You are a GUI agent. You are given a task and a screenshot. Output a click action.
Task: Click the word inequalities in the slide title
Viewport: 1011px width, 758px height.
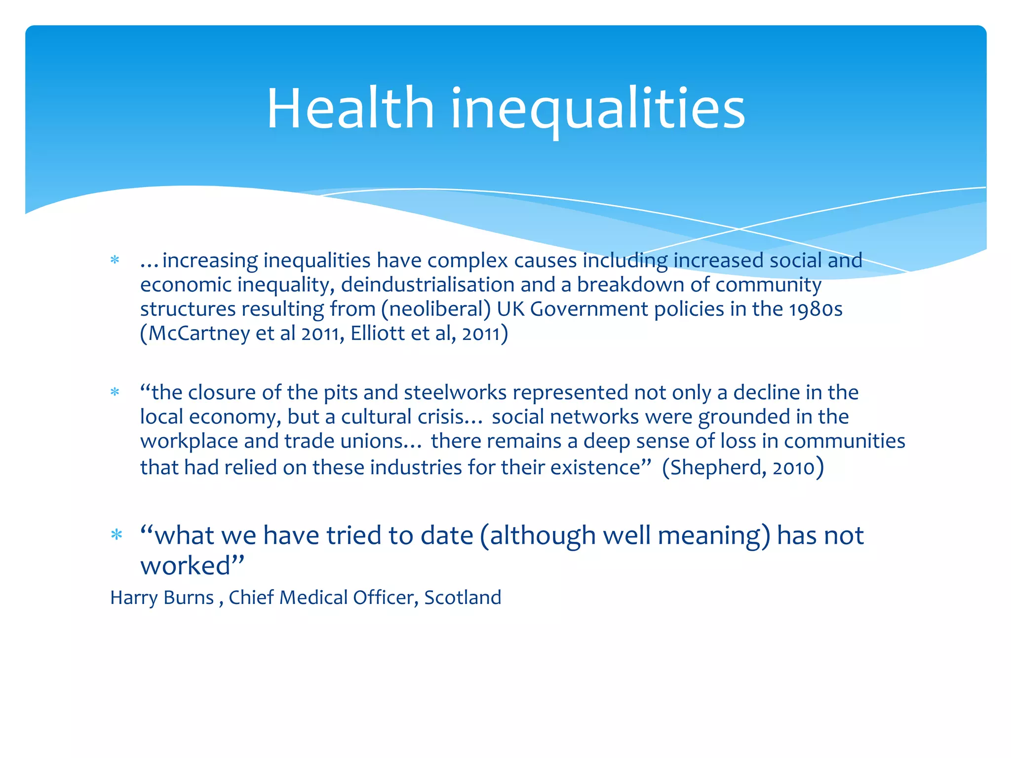click(x=597, y=110)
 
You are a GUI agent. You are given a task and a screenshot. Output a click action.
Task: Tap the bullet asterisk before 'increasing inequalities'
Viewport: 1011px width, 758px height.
click(x=115, y=261)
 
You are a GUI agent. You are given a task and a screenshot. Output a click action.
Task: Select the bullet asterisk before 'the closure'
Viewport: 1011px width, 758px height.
click(x=115, y=393)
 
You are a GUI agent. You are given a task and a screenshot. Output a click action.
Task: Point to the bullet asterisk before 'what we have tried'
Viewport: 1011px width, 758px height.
click(x=117, y=535)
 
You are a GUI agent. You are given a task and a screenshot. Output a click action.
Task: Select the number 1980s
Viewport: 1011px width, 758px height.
click(x=815, y=309)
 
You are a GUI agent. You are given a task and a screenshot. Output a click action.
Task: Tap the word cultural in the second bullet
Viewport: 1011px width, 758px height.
click(x=376, y=417)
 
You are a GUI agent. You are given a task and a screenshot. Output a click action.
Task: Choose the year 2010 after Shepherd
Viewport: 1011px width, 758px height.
click(x=793, y=467)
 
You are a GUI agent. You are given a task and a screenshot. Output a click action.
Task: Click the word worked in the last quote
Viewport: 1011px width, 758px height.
click(x=186, y=566)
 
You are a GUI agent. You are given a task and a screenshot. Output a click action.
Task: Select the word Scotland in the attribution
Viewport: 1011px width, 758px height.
click(x=463, y=598)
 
